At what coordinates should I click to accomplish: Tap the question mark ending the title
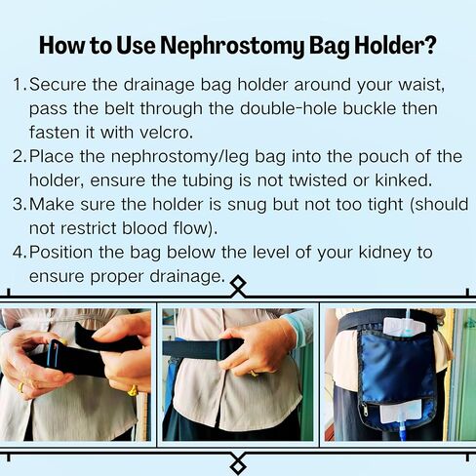[x=430, y=45]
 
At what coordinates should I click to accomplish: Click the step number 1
[x=19, y=83]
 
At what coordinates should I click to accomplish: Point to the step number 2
[x=19, y=155]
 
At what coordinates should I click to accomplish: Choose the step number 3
[x=19, y=203]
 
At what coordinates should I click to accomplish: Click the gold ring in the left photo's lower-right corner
[x=132, y=390]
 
